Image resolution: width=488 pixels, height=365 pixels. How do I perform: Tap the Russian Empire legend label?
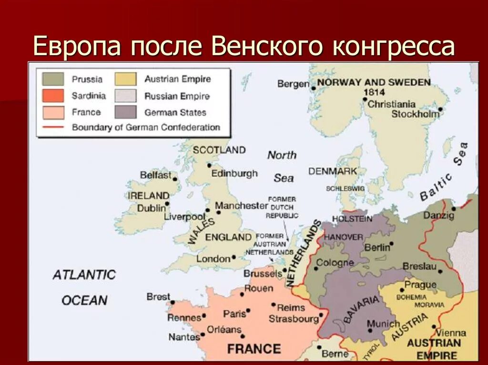point(177,96)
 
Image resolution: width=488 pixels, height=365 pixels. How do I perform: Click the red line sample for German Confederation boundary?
point(53,128)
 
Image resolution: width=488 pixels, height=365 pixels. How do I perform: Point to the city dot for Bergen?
point(313,88)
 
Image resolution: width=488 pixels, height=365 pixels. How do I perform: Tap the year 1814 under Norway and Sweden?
point(374,92)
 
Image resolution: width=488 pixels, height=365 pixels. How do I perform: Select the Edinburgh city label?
point(234,174)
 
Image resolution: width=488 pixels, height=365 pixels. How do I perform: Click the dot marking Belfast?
point(175,179)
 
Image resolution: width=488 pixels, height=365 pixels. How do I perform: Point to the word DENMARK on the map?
point(333,171)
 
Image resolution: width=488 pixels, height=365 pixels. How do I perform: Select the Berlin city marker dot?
point(391,246)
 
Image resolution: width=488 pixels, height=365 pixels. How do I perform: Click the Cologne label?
point(335,262)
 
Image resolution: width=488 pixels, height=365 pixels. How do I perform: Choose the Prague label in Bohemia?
point(420,285)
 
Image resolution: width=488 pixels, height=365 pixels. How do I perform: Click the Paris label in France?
point(234,314)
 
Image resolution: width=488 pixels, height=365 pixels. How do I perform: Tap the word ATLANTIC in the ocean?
point(84,275)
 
